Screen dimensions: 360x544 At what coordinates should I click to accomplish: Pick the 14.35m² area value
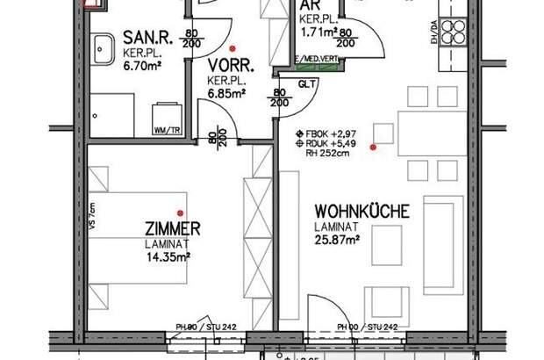(170, 256)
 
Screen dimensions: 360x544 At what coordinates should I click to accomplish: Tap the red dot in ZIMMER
(179, 212)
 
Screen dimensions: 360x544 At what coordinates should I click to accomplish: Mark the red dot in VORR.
(232, 48)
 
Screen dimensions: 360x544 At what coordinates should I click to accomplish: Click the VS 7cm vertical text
(93, 213)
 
